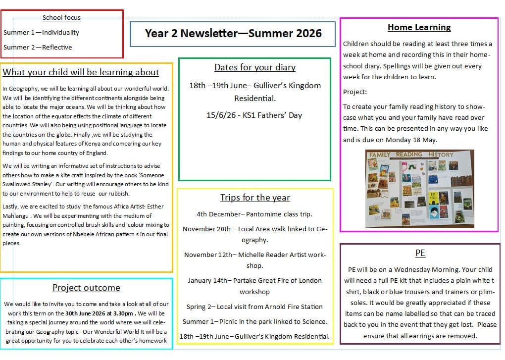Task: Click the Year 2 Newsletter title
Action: point(233,33)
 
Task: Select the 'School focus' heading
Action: point(61,17)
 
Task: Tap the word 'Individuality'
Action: point(60,32)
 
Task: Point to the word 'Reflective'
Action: point(57,47)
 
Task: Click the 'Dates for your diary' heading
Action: point(254,67)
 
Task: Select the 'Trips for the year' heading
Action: point(255,198)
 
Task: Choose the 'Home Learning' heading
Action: point(419,27)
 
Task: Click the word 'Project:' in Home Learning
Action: point(355,92)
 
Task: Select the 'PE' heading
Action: point(420,253)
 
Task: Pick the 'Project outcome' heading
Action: point(86,288)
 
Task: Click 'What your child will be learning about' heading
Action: point(81,72)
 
